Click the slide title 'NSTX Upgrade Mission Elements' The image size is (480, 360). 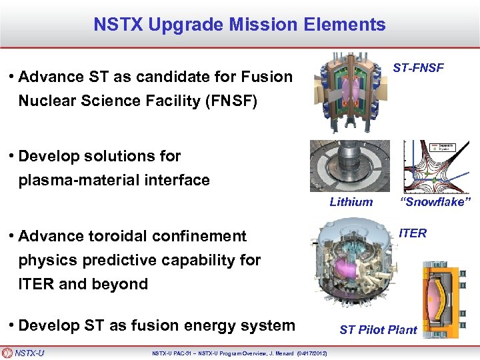click(x=239, y=25)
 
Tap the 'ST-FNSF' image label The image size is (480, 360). click(x=418, y=68)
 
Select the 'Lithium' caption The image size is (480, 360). click(x=351, y=202)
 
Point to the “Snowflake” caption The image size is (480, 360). click(x=435, y=202)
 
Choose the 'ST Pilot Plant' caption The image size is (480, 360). click(x=378, y=329)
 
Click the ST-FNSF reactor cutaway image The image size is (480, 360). click(x=349, y=93)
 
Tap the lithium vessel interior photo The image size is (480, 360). click(x=349, y=167)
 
